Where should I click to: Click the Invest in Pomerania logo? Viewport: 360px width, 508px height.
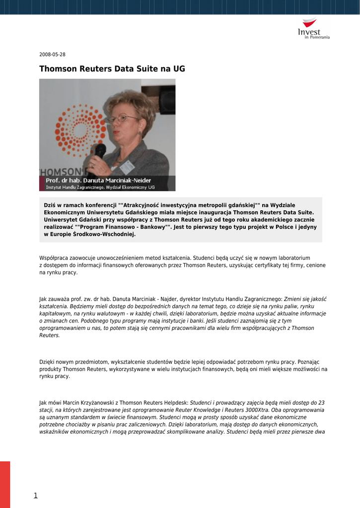point(313,29)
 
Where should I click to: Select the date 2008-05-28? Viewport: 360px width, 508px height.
point(52,55)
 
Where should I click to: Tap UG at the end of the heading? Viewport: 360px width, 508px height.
point(179,69)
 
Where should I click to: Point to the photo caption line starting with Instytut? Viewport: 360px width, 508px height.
point(100,188)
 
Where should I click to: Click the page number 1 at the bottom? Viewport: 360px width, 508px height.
point(35,495)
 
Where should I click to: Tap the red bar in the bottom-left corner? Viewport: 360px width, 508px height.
point(5,484)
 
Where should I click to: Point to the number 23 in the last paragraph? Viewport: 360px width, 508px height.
point(322,403)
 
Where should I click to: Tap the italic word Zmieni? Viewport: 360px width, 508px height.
point(292,299)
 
